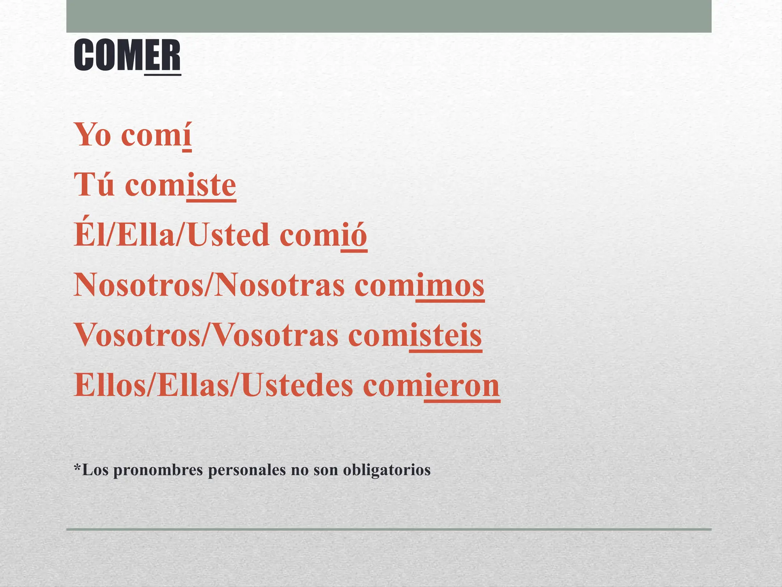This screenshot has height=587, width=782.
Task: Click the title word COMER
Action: click(127, 56)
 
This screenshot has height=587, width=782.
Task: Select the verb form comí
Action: click(156, 135)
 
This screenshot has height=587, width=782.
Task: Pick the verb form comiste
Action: click(180, 185)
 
